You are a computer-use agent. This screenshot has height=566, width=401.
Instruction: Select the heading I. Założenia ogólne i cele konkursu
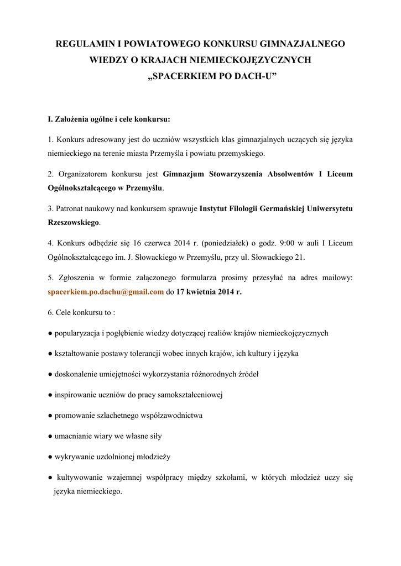coord(109,119)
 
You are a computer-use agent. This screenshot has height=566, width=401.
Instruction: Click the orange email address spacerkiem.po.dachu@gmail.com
coord(106,292)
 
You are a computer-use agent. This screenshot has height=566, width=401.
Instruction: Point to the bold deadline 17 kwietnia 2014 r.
coord(209,292)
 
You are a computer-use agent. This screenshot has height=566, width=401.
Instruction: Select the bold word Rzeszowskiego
coord(74,222)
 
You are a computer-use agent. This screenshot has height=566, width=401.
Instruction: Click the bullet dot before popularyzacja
coord(50,333)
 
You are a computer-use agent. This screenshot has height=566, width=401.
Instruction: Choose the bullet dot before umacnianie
coord(50,436)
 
